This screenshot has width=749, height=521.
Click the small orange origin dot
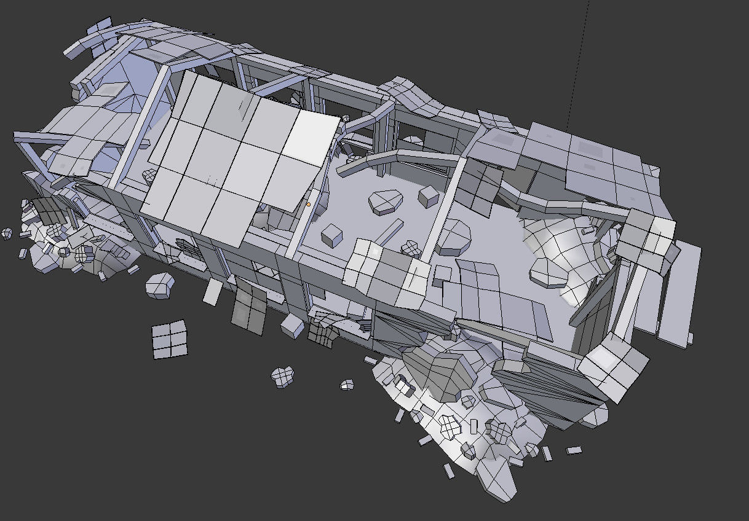coord(308,204)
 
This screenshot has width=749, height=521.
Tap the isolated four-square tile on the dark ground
coord(169,339)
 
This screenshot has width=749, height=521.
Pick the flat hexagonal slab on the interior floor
coord(386,202)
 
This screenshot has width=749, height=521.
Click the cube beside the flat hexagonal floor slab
coord(428,196)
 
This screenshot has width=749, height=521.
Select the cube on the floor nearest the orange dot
coord(332,235)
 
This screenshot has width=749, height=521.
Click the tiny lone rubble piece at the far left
coord(7,233)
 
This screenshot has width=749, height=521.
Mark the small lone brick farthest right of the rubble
coord(574,450)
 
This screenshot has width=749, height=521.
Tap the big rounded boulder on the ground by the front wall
coord(159,286)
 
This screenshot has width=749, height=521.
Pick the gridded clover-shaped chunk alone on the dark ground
coord(283,376)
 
